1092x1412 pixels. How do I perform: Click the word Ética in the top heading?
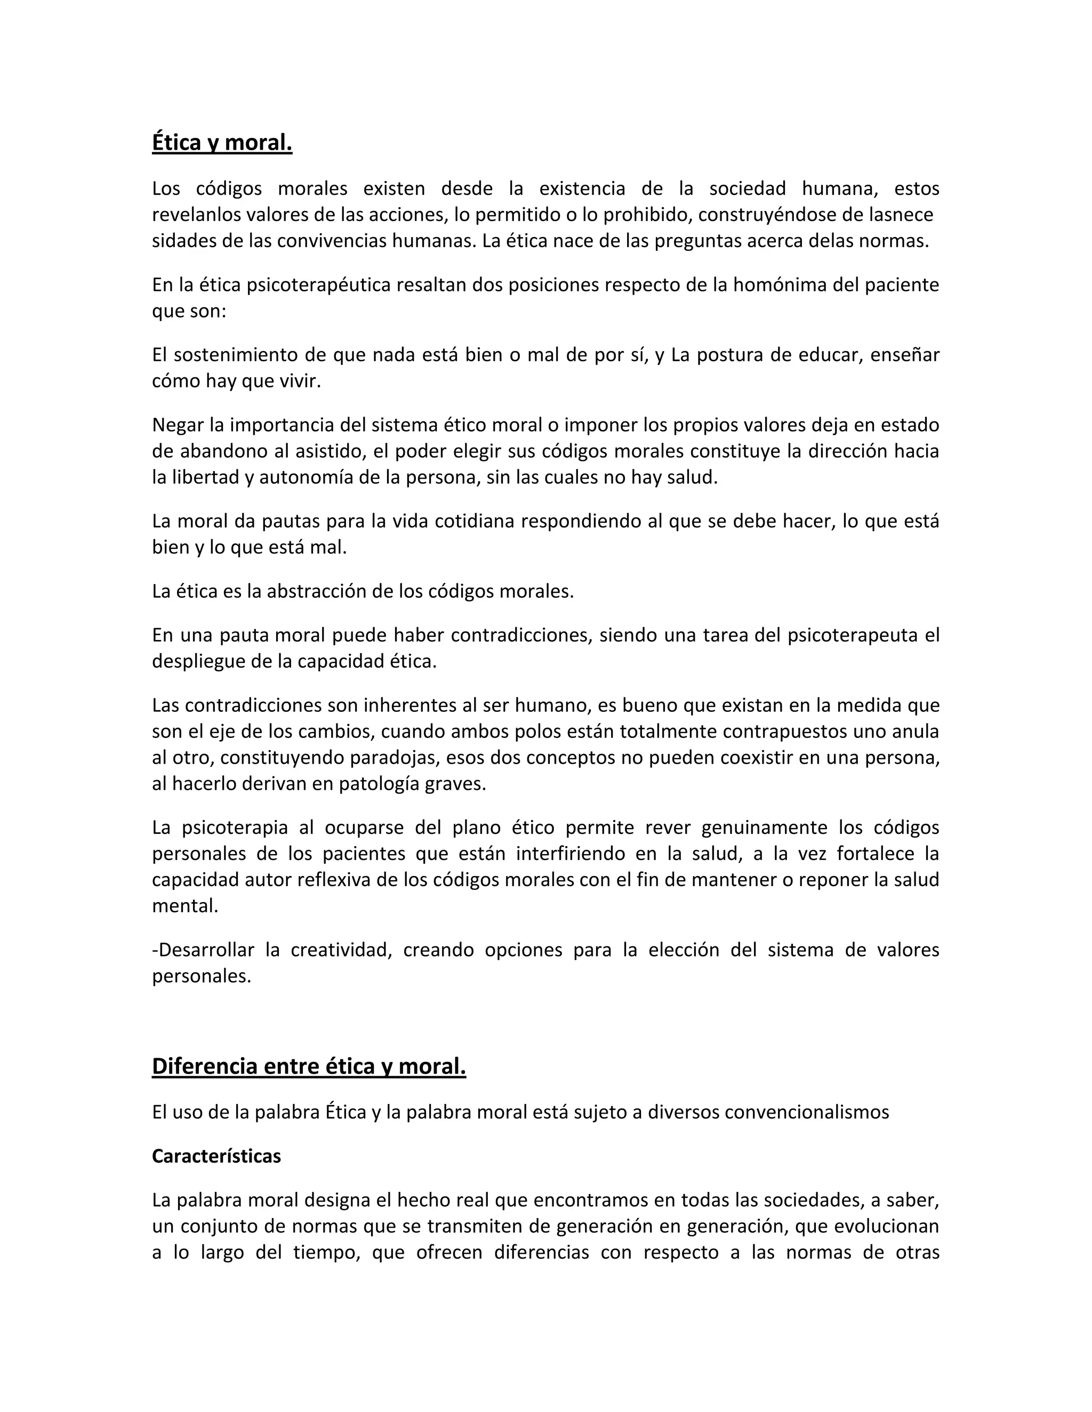tap(176, 142)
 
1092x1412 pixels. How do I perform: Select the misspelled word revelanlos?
tap(197, 215)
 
